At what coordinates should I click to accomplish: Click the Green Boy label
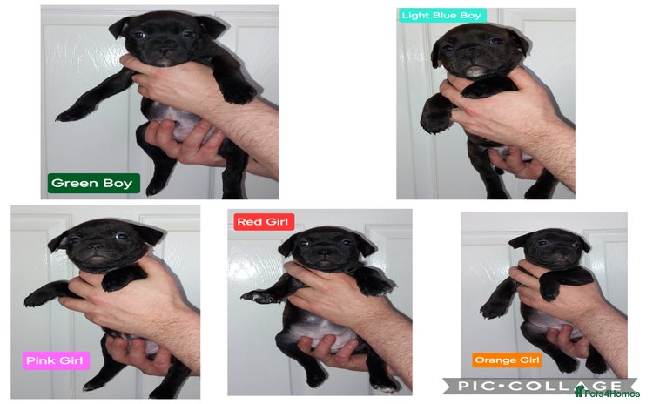pyautogui.click(x=91, y=183)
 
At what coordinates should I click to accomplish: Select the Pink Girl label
pyautogui.click(x=56, y=360)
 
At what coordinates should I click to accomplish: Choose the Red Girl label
pyautogui.click(x=263, y=222)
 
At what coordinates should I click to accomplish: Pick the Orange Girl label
pyautogui.click(x=508, y=360)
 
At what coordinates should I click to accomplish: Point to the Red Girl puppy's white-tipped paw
pyautogui.click(x=252, y=297)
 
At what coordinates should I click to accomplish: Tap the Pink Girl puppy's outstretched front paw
pyautogui.click(x=35, y=298)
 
